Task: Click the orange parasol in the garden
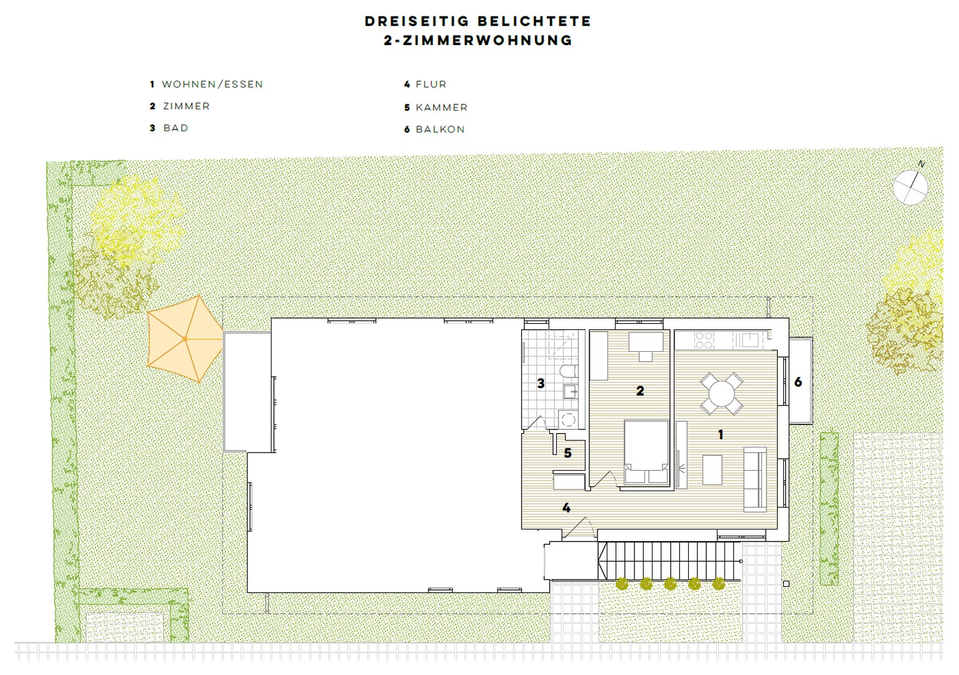(185, 338)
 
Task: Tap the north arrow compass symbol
(910, 186)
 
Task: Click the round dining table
(721, 394)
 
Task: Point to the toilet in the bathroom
(568, 372)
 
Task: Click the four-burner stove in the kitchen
(704, 340)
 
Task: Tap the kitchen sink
(749, 340)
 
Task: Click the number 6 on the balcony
(798, 381)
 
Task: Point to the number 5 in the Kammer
(567, 452)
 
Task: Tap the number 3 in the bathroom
(541, 383)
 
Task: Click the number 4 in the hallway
(566, 507)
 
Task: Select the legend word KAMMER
(441, 107)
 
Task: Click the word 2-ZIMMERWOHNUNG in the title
(479, 41)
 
